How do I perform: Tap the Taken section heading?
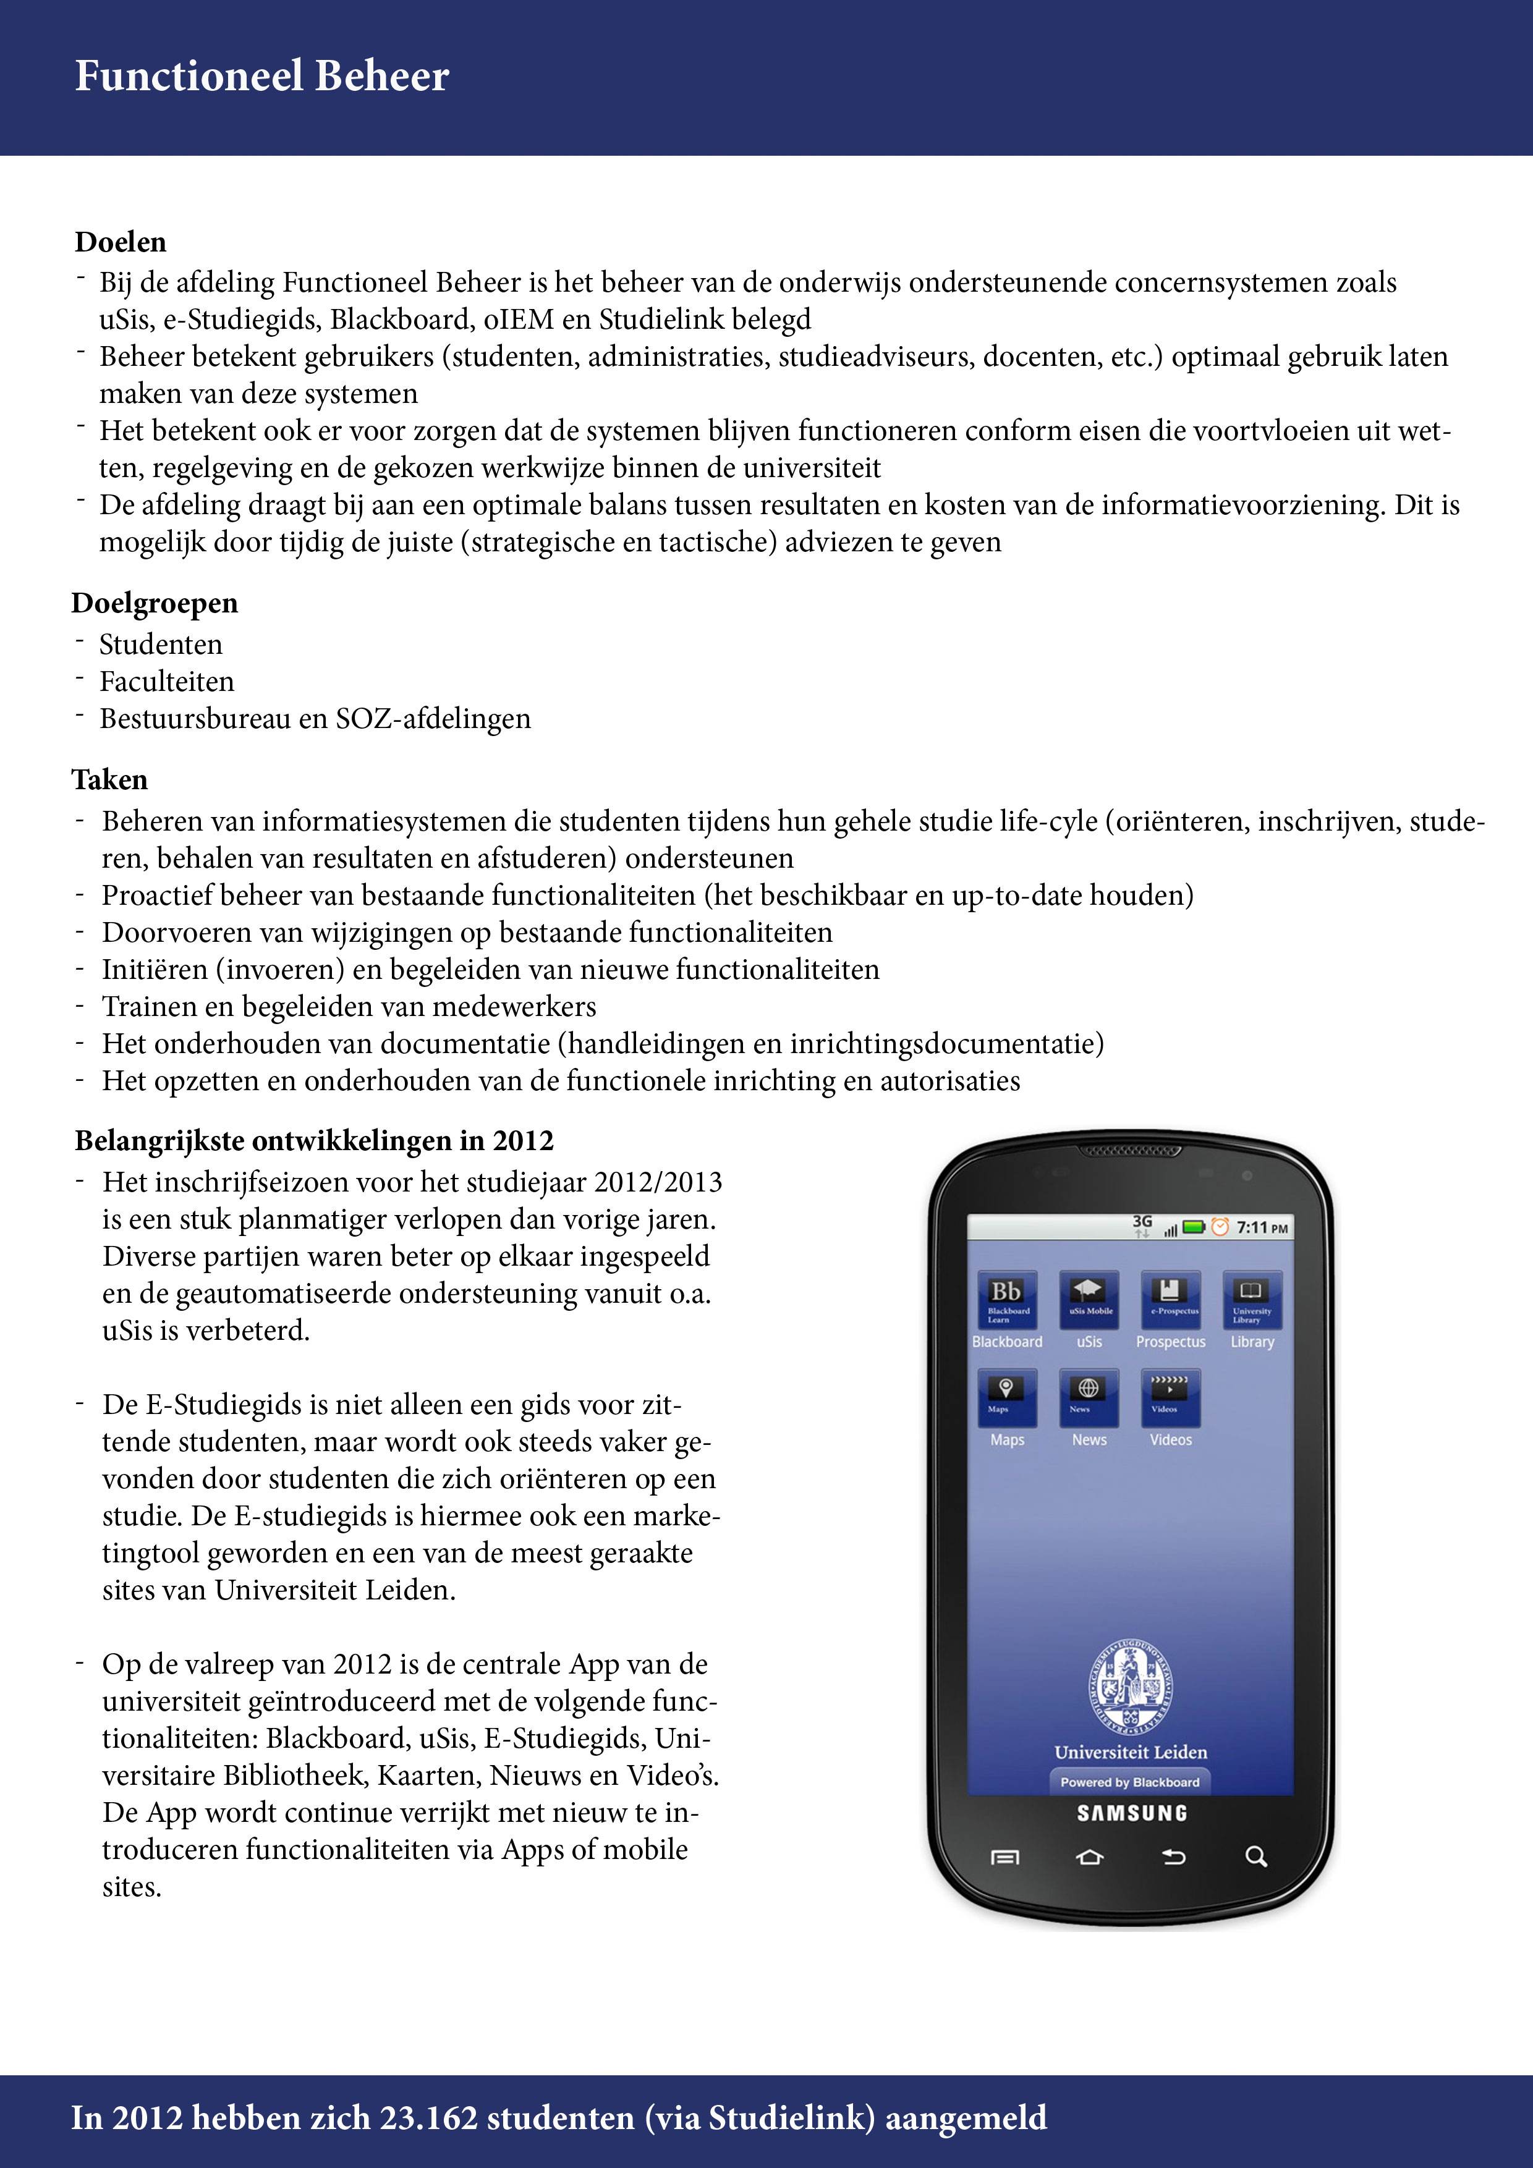(x=109, y=780)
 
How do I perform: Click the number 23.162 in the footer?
(x=429, y=2118)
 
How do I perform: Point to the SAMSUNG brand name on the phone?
(x=1132, y=1813)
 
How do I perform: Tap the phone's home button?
(x=1089, y=1857)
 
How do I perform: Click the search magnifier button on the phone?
(x=1255, y=1857)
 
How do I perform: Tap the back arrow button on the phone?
(x=1173, y=1857)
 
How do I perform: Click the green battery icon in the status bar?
(x=1194, y=1227)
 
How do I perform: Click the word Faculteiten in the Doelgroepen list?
(x=166, y=682)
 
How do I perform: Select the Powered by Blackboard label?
(x=1130, y=1782)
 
